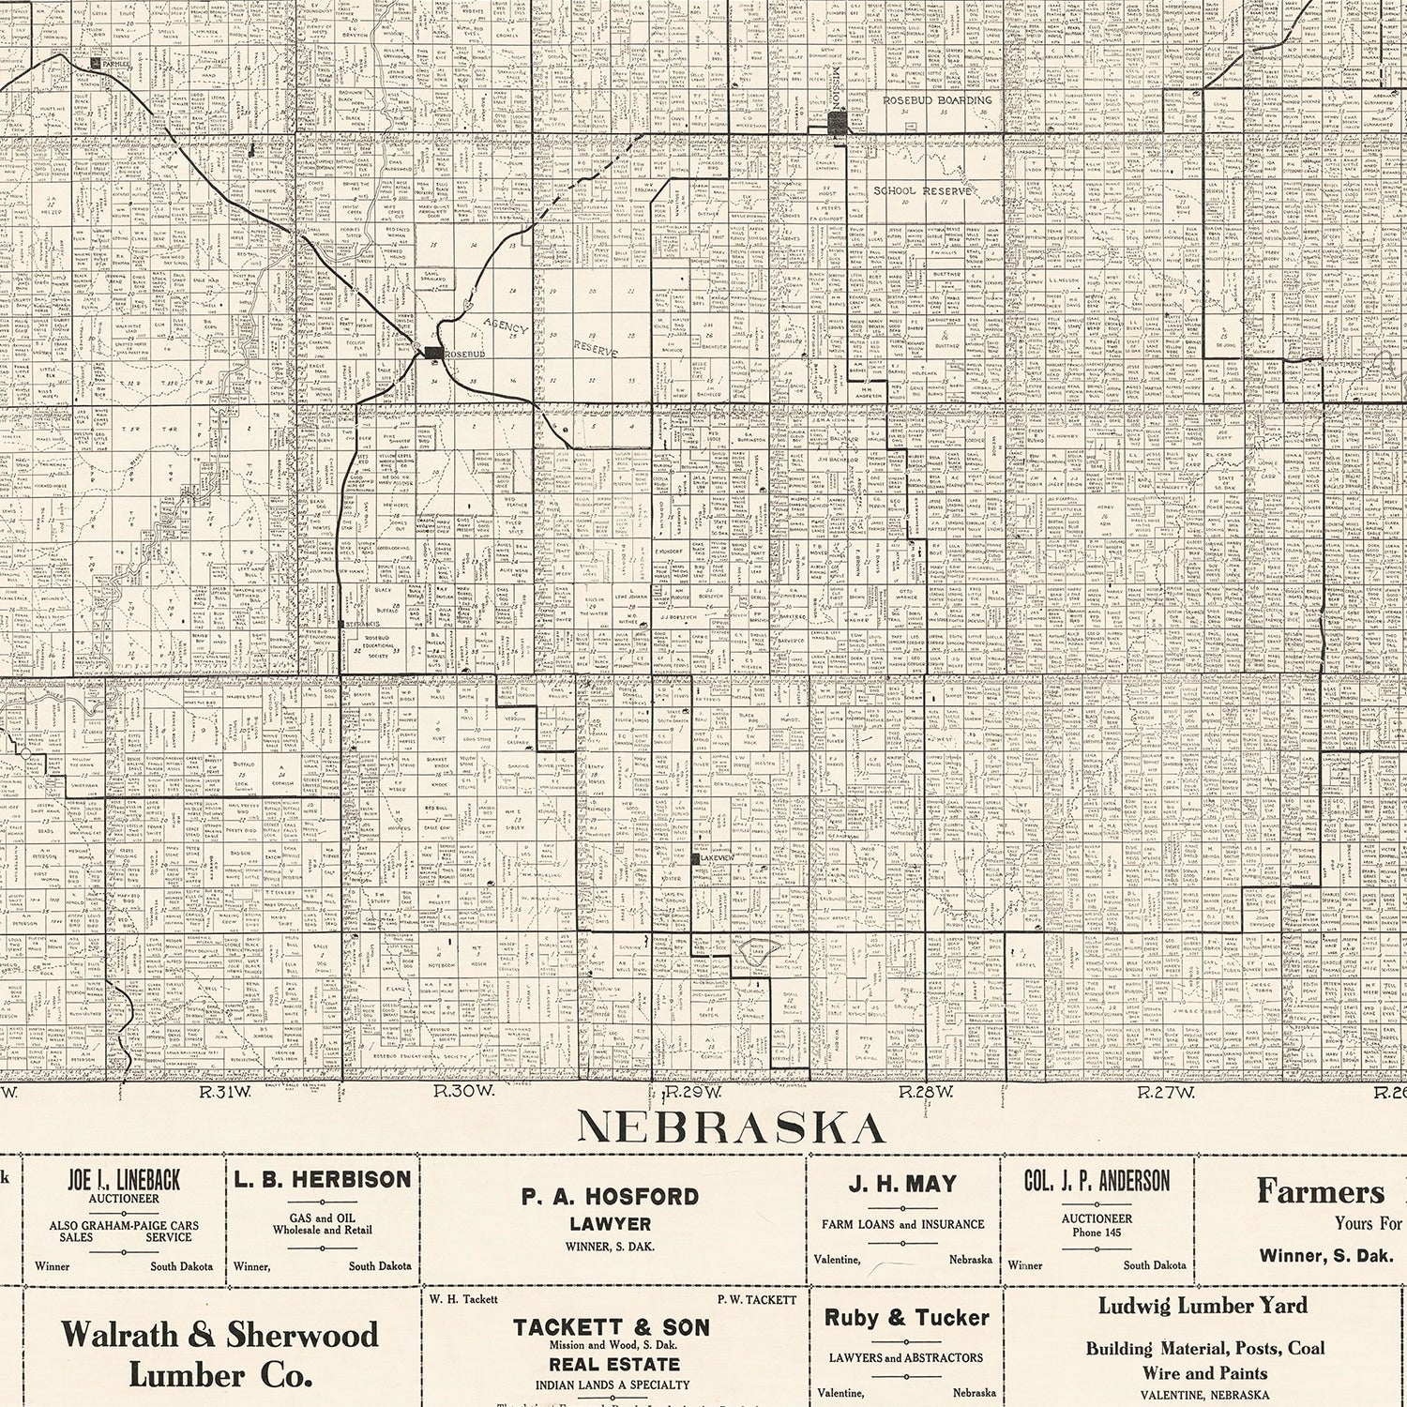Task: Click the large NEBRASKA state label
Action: click(x=731, y=1127)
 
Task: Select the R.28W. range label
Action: click(x=926, y=1092)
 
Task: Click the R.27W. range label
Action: click(x=1164, y=1092)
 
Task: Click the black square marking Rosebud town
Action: click(x=432, y=352)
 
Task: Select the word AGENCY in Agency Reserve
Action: click(x=507, y=329)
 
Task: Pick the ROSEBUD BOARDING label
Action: click(x=936, y=99)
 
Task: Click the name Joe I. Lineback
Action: click(x=123, y=1180)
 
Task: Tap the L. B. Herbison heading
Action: click(x=322, y=1180)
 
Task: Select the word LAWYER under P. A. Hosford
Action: click(x=611, y=1223)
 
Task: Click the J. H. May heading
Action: click(x=902, y=1185)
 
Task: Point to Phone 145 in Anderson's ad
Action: click(x=1097, y=1232)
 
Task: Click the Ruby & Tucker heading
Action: click(x=906, y=1318)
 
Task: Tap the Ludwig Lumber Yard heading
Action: click(x=1204, y=1306)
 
